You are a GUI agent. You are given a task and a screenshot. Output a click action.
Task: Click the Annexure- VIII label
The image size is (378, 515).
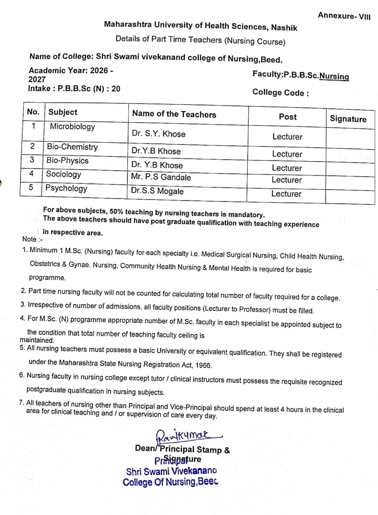tap(344, 15)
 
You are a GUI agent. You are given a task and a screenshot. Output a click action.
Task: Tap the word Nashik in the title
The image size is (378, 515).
tap(284, 28)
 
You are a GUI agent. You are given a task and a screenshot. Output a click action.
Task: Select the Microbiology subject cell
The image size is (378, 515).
tap(72, 126)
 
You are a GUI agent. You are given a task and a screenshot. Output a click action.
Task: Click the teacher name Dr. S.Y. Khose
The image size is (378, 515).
tap(159, 134)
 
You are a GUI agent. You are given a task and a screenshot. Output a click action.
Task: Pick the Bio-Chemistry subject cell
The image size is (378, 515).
tap(72, 147)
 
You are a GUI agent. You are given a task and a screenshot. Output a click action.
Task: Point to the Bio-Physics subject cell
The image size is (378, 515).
tap(67, 160)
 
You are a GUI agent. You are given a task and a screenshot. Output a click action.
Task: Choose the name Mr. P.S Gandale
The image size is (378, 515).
tap(161, 177)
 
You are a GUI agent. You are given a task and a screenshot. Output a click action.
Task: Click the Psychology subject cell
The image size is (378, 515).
tap(66, 188)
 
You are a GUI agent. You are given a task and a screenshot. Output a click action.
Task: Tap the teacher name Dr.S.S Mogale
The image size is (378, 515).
tap(157, 191)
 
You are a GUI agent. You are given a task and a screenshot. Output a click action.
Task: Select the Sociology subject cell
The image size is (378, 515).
tap(63, 174)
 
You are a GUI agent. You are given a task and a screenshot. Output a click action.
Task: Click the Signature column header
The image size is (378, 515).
tap(348, 119)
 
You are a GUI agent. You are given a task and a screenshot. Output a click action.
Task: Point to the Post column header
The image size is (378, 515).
tap(288, 117)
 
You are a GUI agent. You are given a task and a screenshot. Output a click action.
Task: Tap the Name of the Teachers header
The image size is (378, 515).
tap(174, 114)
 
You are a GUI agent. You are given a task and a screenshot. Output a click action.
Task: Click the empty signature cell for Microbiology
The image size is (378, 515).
tap(350, 138)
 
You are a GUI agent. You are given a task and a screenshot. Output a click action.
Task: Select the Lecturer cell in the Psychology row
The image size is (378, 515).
tap(286, 194)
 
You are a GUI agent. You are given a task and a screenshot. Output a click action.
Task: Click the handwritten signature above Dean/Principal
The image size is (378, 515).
tap(183, 435)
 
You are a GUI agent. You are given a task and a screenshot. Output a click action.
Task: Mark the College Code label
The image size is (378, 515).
tap(281, 93)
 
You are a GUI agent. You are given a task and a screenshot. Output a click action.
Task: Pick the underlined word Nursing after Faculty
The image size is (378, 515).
tap(334, 77)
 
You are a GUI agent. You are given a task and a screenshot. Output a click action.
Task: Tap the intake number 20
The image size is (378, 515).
tap(116, 89)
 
